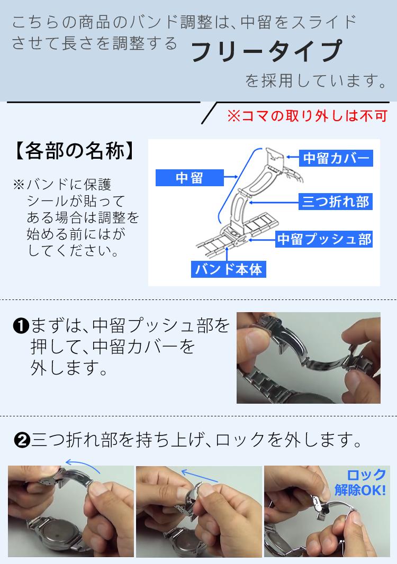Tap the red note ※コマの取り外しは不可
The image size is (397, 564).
[x=307, y=116]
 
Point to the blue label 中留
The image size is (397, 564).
[x=189, y=178]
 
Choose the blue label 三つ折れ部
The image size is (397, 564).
[x=335, y=202]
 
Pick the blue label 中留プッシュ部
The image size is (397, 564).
[x=324, y=239]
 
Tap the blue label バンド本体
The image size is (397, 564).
[x=228, y=269]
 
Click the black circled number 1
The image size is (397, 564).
[x=21, y=326]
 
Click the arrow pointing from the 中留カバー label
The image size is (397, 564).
[x=293, y=158]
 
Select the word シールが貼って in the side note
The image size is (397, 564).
[x=75, y=202]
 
